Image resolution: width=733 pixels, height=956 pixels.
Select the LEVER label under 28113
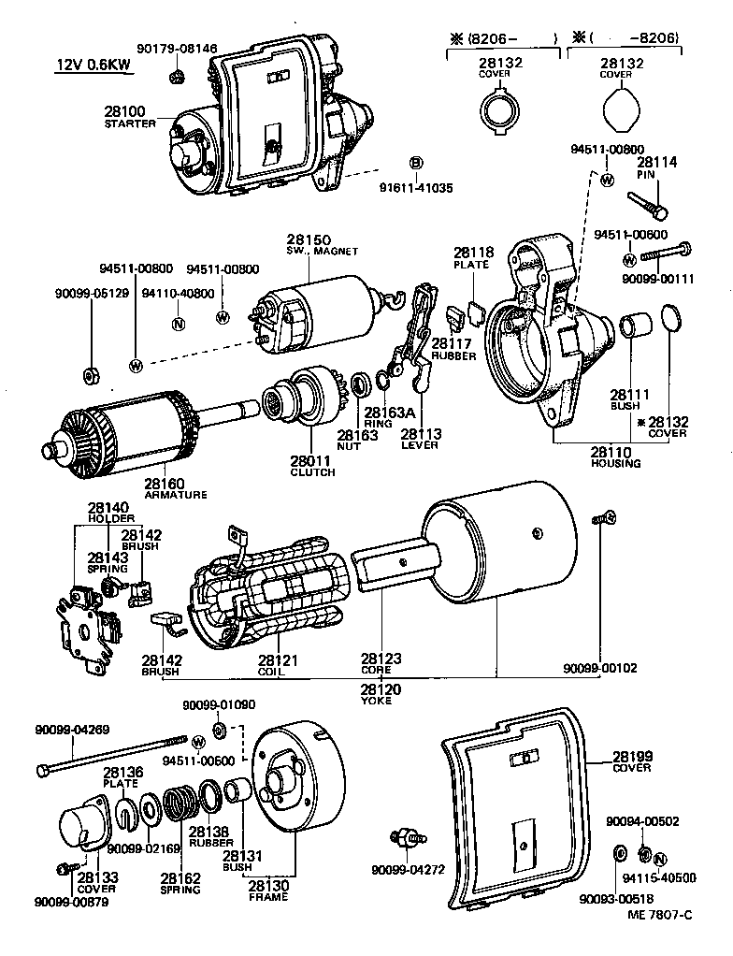(x=420, y=445)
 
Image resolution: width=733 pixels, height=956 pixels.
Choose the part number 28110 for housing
(x=615, y=452)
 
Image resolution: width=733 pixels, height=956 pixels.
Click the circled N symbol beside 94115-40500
(x=659, y=859)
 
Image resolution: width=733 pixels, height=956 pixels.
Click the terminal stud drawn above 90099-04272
(x=408, y=837)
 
